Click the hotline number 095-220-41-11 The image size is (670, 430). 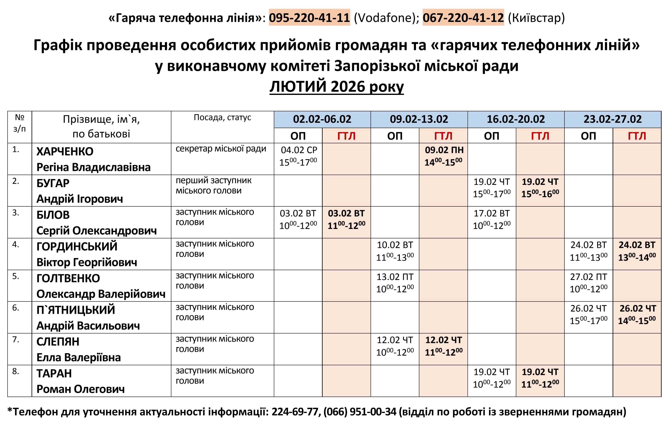pos(309,18)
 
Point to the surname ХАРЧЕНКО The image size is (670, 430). pos(65,151)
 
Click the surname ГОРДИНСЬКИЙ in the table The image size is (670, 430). pos(77,247)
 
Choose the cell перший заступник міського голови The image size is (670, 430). pos(213,186)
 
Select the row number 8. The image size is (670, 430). pos(16,371)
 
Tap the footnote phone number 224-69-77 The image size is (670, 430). pos(295,412)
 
